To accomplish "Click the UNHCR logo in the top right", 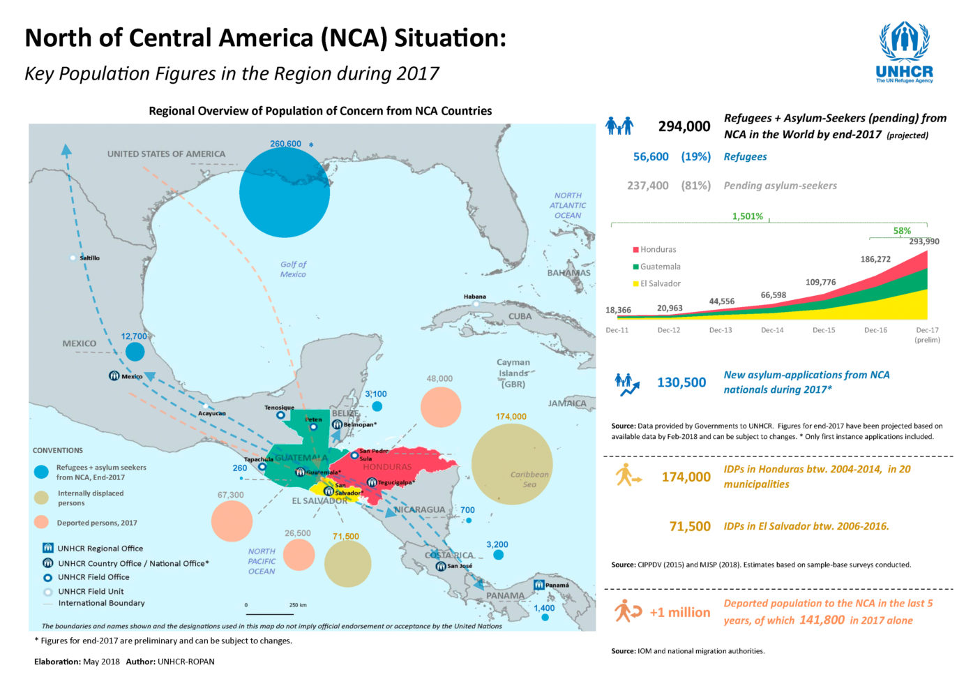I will (904, 52).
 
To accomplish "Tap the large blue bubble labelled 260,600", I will (285, 193).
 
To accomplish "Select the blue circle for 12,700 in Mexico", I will (135, 351).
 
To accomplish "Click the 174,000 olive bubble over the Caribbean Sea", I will (512, 464).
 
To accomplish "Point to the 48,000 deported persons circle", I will (441, 407).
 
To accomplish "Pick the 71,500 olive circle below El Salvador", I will (348, 563).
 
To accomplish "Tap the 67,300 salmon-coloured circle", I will (232, 521).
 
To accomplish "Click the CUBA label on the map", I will (520, 316).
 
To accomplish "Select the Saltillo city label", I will (89, 258).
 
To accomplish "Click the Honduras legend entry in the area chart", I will (655, 249).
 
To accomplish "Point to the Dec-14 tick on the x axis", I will (772, 330).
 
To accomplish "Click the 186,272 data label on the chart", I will (875, 259).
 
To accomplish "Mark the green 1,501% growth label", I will (748, 216).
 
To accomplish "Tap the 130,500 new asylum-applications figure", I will (681, 382).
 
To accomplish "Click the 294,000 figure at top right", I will (684, 126).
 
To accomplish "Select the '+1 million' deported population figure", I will (679, 612).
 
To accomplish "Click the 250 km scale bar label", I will (298, 605).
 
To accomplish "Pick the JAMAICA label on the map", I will (567, 403).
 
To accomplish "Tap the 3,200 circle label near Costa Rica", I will (497, 544).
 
